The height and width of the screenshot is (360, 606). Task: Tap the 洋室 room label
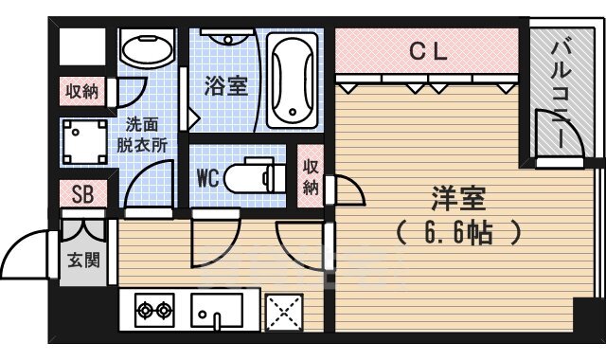tap(459, 199)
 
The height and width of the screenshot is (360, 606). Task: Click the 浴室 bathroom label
tap(226, 84)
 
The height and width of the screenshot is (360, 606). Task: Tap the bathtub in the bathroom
tap(295, 78)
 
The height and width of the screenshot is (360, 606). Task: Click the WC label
tap(209, 177)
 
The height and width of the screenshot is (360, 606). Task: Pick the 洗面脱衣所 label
tap(142, 134)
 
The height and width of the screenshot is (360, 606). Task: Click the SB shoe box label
tap(83, 195)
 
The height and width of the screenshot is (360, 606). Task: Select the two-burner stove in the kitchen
tap(154, 310)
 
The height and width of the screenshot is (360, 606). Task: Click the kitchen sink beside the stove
tap(217, 309)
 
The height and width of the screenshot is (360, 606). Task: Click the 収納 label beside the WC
tap(311, 173)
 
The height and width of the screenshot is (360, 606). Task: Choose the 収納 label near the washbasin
tap(81, 92)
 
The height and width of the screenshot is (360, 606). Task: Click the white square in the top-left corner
tap(81, 47)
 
